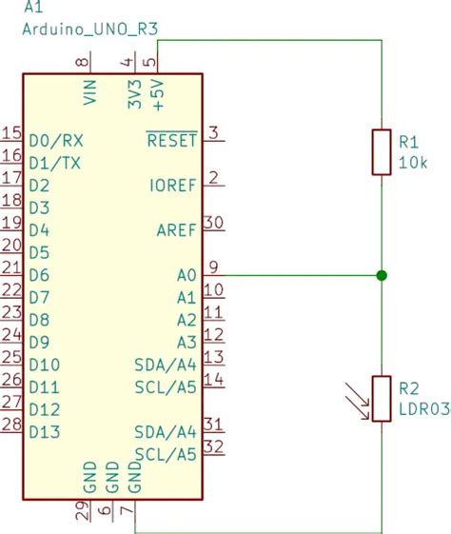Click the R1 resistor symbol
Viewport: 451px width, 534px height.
(382, 152)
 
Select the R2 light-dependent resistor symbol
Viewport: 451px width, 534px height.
(382, 398)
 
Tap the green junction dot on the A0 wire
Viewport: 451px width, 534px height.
(382, 275)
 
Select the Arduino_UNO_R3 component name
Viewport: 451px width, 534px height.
(88, 30)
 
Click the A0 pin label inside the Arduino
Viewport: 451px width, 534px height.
(186, 275)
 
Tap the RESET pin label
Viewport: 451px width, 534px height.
(171, 141)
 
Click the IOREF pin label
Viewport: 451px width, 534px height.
(173, 185)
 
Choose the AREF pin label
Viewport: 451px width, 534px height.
(176, 230)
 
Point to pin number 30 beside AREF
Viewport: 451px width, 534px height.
(214, 222)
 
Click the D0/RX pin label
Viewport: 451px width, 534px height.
(54, 140)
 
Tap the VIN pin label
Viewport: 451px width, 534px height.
(91, 92)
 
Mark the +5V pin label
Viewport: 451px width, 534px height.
(157, 95)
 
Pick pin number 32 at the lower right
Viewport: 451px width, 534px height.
(214, 446)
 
